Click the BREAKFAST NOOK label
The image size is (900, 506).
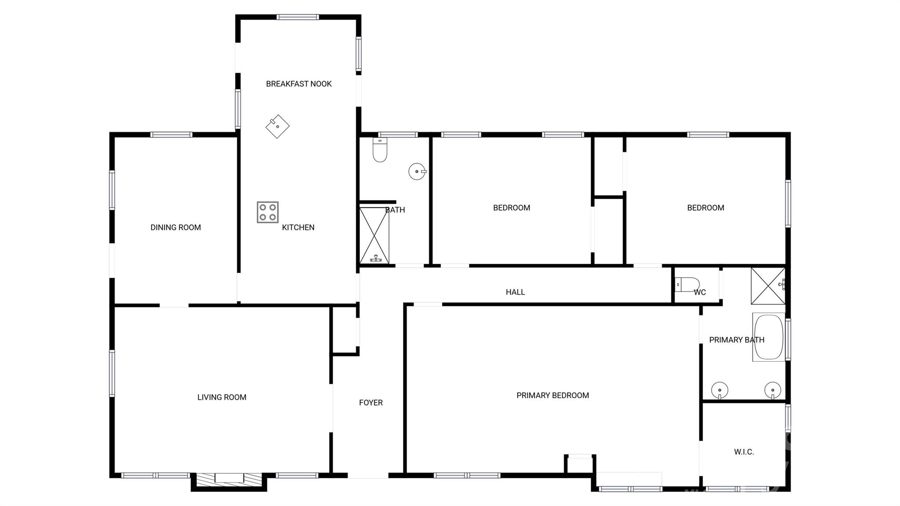pyautogui.click(x=298, y=84)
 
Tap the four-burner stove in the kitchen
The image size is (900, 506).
pyautogui.click(x=268, y=212)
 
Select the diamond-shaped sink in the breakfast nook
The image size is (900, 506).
pyautogui.click(x=277, y=126)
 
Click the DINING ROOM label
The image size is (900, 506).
pyautogui.click(x=175, y=227)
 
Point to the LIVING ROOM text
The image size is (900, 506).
pyautogui.click(x=221, y=397)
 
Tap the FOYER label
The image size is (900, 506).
pyautogui.click(x=370, y=403)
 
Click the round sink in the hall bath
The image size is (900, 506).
pyautogui.click(x=417, y=171)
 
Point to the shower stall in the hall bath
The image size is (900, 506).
pyautogui.click(x=374, y=236)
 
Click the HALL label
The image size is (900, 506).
pyautogui.click(x=515, y=292)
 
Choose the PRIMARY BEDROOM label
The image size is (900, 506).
pyautogui.click(x=552, y=396)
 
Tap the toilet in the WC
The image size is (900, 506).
pyautogui.click(x=687, y=284)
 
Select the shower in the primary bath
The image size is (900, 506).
pyautogui.click(x=768, y=286)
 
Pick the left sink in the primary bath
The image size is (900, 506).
pyautogui.click(x=719, y=390)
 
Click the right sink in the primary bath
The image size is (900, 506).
pyautogui.click(x=773, y=390)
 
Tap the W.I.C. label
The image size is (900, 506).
pyautogui.click(x=744, y=452)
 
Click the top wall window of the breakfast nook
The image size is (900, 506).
pyautogui.click(x=298, y=17)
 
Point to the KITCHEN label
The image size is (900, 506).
pyautogui.click(x=298, y=227)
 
